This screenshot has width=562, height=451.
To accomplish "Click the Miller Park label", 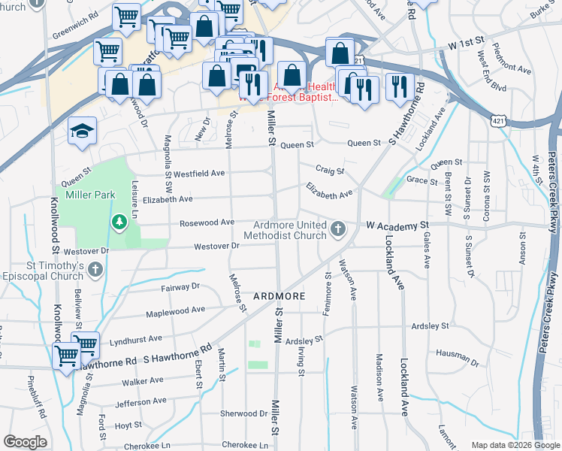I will click(90, 195).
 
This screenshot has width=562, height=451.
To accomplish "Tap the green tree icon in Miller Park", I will click(119, 222).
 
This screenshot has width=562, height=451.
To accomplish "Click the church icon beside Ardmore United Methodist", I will click(338, 227).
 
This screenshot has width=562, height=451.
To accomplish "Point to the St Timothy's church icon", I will click(95, 269).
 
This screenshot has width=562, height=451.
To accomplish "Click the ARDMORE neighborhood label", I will click(279, 296).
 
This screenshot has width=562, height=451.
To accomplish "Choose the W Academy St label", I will click(397, 225).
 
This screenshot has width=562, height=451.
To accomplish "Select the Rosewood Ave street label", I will click(207, 222).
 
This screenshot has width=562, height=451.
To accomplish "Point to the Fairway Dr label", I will click(180, 286).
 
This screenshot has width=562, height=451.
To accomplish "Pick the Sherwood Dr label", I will click(243, 413).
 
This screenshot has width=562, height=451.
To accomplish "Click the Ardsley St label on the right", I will click(430, 326).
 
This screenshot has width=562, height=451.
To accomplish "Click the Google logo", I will click(25, 442).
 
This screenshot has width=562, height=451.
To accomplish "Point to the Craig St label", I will click(329, 171).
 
